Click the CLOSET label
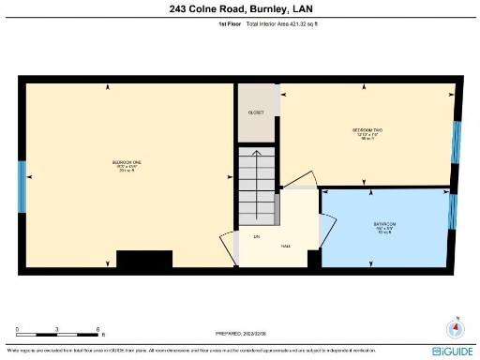(256, 112)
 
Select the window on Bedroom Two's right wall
(457, 140)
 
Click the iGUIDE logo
(453, 350)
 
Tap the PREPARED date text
(242, 333)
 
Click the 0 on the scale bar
(17, 329)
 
